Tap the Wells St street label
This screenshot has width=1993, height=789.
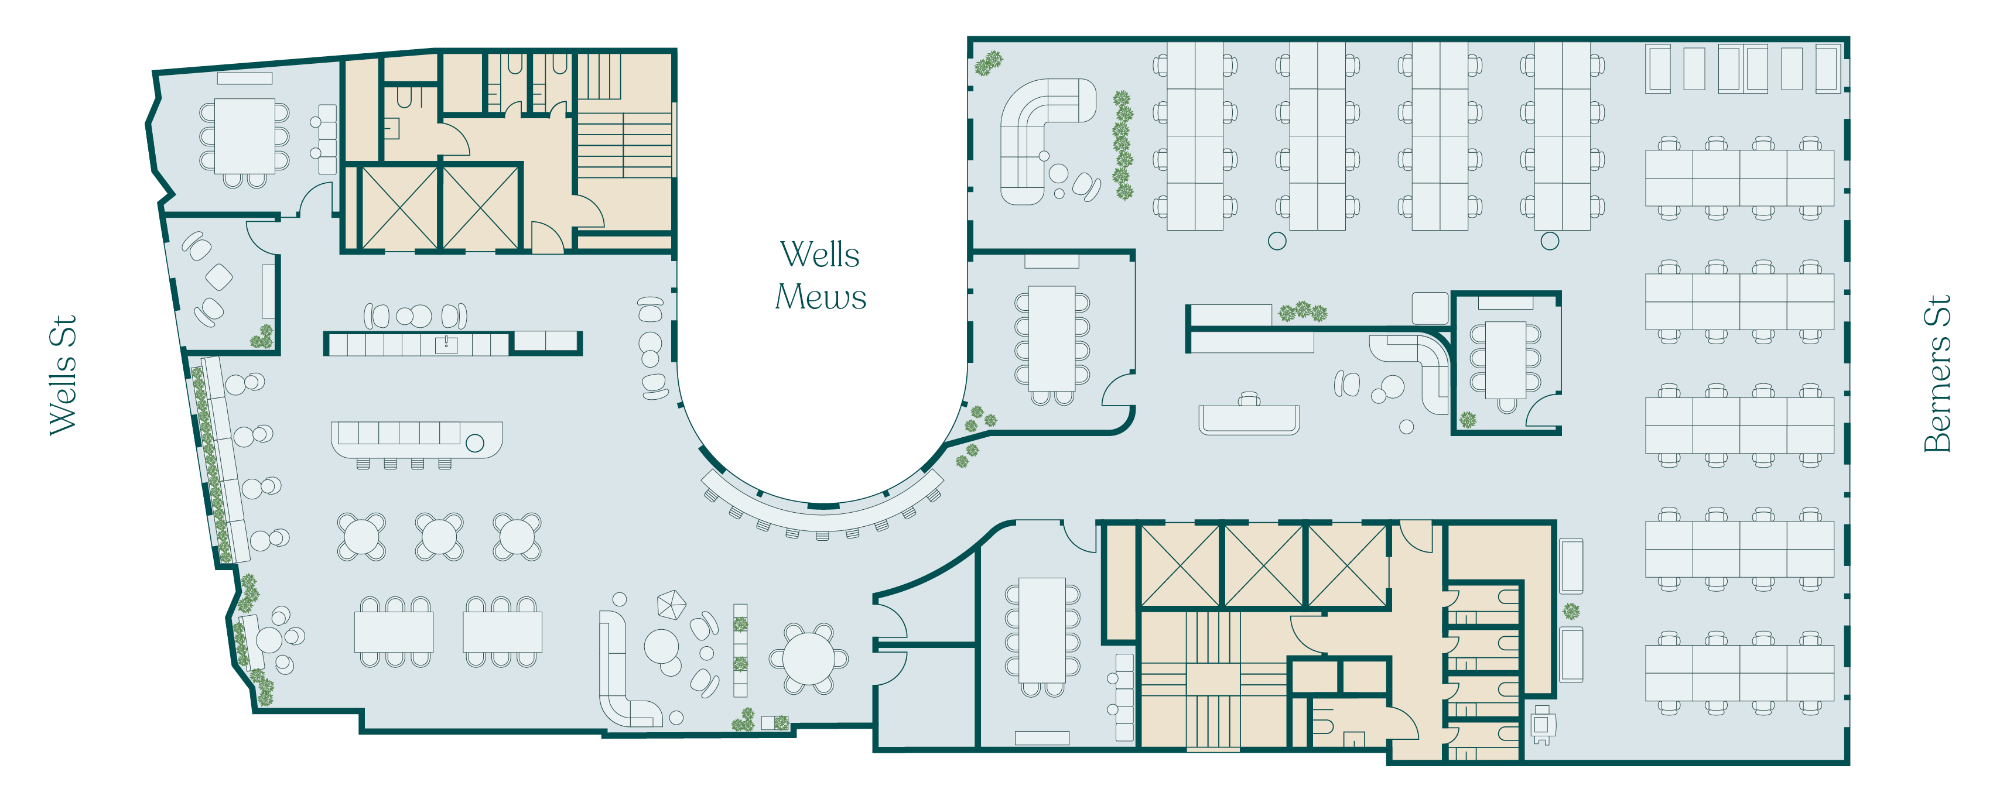click(x=63, y=375)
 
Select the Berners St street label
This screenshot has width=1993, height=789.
click(x=1937, y=373)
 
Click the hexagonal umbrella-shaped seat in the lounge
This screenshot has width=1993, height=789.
click(x=671, y=604)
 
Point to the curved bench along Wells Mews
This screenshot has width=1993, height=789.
click(x=822, y=512)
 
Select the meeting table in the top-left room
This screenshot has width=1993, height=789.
click(x=244, y=136)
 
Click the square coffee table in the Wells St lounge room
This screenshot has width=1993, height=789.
click(x=219, y=277)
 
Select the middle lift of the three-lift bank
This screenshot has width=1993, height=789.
click(x=1263, y=565)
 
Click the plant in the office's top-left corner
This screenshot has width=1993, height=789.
click(x=988, y=63)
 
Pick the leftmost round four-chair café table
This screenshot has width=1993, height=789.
click(x=361, y=536)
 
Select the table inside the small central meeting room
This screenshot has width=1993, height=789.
click(x=1506, y=360)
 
